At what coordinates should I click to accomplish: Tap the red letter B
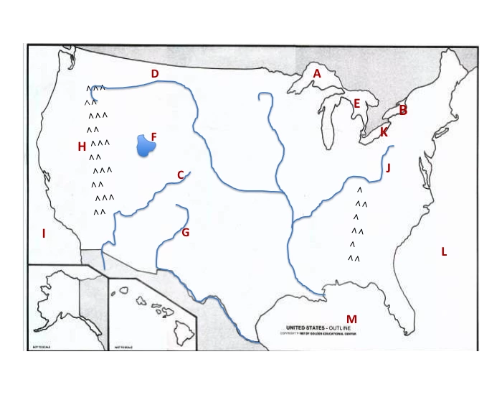(x=403, y=110)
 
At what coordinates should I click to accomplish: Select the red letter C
(x=180, y=175)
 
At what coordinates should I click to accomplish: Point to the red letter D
(x=154, y=73)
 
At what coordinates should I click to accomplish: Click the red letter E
(x=356, y=103)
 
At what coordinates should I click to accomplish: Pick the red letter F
(x=153, y=136)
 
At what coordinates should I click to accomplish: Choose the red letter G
(x=185, y=232)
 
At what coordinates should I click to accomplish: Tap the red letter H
(x=82, y=147)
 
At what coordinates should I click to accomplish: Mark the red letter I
(x=44, y=233)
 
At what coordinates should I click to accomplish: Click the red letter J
(x=388, y=168)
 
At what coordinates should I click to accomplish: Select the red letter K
(x=384, y=132)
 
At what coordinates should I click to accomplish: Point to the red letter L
(x=444, y=251)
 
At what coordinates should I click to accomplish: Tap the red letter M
(x=351, y=319)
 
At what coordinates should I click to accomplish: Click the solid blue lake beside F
(x=146, y=145)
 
